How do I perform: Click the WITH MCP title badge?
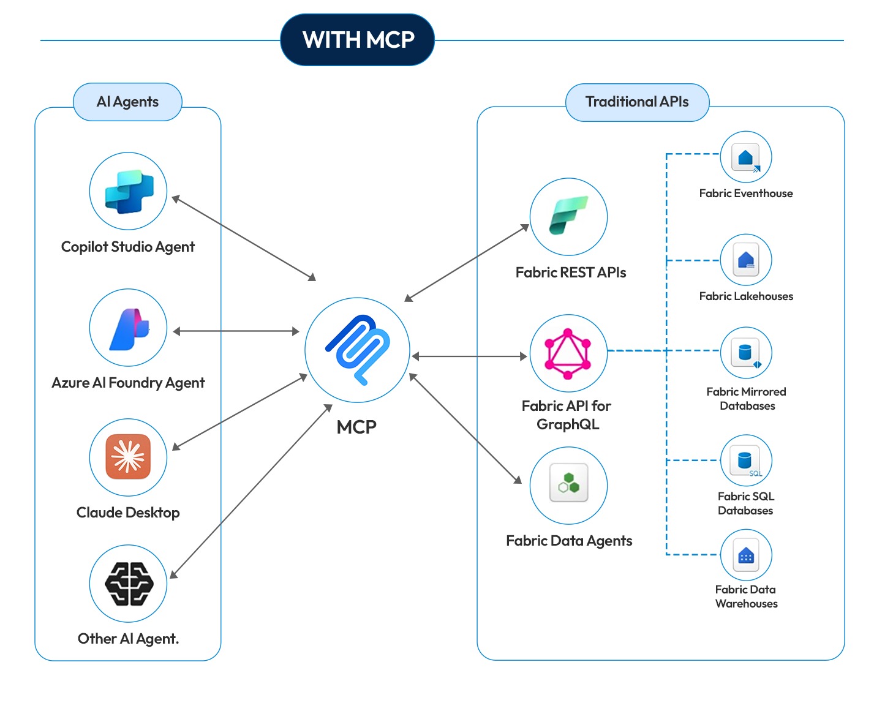coord(358,40)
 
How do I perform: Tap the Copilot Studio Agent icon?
coord(128,191)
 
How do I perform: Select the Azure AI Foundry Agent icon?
coord(128,328)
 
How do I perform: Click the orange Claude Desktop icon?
coord(128,457)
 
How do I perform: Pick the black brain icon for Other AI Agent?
coord(128,584)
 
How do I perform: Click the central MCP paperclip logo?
coord(358,350)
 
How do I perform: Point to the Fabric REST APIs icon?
coord(568,216)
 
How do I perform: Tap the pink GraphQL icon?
coord(568,353)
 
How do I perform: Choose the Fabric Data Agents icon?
coord(568,485)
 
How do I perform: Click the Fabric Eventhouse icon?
coord(745,157)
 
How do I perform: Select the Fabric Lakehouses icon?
coord(745,260)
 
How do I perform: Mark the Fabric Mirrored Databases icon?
coord(745,353)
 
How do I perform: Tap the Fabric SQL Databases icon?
coord(745,460)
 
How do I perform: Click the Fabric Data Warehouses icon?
coord(745,555)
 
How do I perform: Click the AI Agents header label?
coord(127,102)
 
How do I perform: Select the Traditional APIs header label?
coord(637,102)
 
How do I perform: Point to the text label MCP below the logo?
coord(356,427)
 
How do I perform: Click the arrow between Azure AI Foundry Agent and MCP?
coord(236,331)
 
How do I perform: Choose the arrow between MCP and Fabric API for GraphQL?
coord(469,356)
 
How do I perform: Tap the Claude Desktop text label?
coord(128,513)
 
